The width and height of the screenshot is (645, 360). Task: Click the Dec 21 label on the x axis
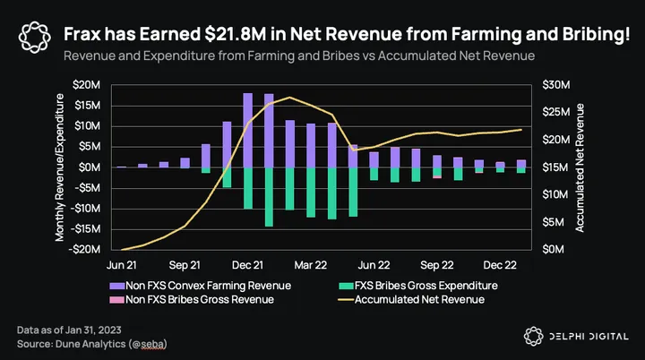click(x=247, y=265)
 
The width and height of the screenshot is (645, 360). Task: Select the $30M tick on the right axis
click(x=554, y=85)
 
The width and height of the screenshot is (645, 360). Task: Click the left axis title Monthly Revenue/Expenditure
click(x=60, y=167)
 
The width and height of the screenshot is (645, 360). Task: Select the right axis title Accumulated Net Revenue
click(x=580, y=167)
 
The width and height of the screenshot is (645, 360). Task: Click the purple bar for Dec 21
click(x=247, y=130)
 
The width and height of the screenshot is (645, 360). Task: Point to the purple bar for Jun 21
click(x=121, y=167)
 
